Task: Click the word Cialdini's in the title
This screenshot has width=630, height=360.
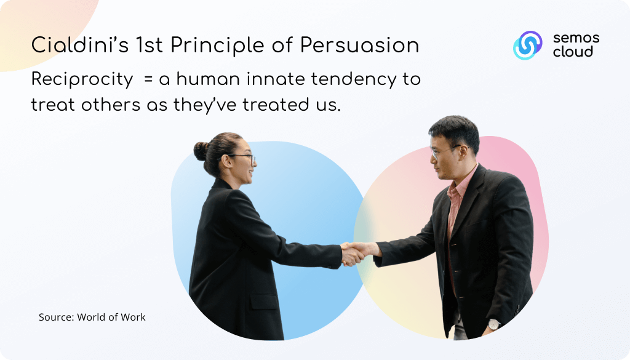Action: tap(80, 44)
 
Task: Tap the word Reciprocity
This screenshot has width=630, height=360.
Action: tap(82, 79)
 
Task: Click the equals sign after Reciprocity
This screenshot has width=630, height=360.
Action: tap(148, 79)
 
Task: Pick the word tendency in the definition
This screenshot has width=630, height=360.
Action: tap(354, 79)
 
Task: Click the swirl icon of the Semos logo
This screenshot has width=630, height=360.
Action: tap(527, 45)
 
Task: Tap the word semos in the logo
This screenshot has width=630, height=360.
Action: tap(576, 39)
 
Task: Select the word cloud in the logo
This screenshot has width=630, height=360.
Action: tap(573, 52)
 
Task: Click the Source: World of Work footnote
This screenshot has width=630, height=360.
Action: tap(92, 317)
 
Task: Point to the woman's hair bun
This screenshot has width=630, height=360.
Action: tap(201, 151)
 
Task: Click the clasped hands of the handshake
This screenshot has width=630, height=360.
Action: tap(354, 254)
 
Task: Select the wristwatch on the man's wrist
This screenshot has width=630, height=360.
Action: tap(493, 324)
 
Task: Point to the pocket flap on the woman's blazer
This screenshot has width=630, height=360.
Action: tap(264, 302)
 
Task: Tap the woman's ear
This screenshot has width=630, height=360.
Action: tap(226, 162)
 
